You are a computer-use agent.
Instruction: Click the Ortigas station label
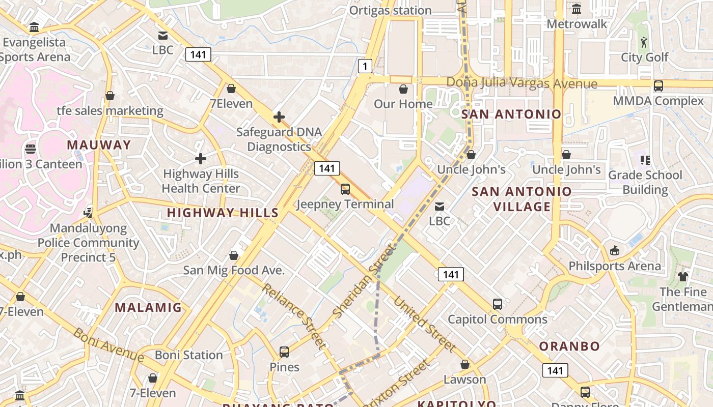390,10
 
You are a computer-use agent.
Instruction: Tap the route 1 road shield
365,66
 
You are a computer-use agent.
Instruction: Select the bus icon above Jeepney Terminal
345,189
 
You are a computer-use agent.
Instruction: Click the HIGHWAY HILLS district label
223,213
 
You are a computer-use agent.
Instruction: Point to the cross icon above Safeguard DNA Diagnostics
279,118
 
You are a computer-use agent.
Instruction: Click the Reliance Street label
294,316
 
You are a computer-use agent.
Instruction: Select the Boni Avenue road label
109,345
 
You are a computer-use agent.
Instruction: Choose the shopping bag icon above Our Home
403,90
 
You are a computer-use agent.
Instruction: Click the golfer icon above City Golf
644,42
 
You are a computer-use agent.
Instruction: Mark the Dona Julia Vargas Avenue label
522,83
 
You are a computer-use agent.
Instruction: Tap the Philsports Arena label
615,266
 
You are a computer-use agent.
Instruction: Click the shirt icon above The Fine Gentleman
683,277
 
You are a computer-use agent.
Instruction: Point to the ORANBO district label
569,346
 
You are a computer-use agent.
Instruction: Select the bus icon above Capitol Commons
498,304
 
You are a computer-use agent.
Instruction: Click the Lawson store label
464,380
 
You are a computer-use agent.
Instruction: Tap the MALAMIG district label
148,307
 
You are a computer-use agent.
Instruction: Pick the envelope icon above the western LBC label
163,36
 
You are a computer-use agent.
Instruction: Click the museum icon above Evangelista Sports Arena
34,27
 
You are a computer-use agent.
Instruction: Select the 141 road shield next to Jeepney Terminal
326,168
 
